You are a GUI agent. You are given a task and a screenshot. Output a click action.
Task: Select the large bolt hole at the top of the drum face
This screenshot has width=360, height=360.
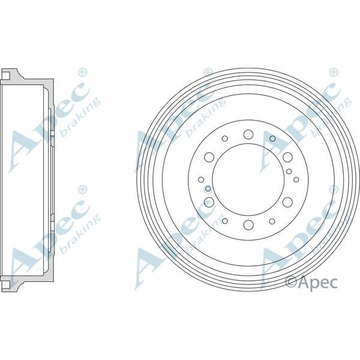point(248,134)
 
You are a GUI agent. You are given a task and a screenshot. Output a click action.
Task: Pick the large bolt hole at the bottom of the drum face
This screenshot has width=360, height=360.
point(248,225)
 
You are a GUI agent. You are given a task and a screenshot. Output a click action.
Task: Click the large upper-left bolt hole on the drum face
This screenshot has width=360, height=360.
point(209,157)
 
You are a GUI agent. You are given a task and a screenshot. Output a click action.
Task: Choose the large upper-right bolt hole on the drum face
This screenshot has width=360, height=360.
point(287,157)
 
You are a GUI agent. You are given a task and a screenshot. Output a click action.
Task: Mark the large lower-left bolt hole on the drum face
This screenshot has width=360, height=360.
point(209,202)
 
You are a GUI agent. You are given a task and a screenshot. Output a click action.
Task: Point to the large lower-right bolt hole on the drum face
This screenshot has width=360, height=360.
point(287,202)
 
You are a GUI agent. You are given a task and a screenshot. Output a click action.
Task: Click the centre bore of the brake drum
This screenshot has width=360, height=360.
point(248,179)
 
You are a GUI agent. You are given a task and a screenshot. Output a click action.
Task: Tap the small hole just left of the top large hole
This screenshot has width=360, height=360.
point(224,139)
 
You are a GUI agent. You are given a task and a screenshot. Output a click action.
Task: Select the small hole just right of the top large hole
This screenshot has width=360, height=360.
point(272,139)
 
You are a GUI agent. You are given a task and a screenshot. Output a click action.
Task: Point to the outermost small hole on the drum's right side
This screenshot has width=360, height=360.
point(296,179)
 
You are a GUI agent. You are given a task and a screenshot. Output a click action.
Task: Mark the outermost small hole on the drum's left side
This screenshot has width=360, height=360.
point(200,179)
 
